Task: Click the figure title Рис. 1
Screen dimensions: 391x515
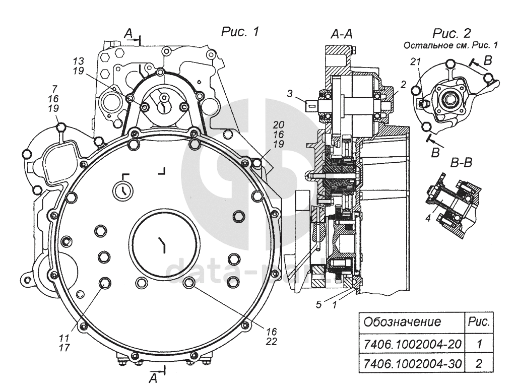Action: [x=240, y=32]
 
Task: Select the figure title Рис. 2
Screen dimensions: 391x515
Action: [x=452, y=34]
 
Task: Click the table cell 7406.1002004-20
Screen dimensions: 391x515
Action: [x=412, y=345]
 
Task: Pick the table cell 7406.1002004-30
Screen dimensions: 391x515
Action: [x=412, y=364]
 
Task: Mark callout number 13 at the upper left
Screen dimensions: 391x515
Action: [x=79, y=60]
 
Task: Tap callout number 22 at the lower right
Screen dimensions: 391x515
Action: [x=272, y=341]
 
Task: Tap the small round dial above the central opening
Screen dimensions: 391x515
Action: [x=121, y=190]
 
